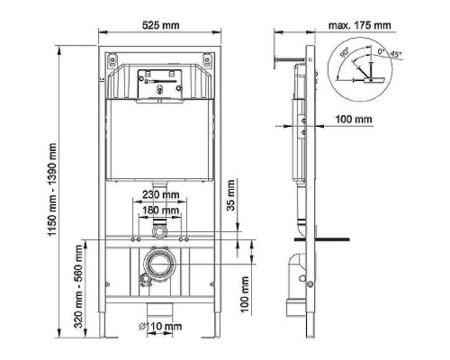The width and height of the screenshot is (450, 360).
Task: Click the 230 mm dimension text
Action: [x=158, y=194]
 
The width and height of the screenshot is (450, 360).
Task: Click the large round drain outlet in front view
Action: [x=159, y=266]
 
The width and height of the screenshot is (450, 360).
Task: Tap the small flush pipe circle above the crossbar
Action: [x=159, y=232]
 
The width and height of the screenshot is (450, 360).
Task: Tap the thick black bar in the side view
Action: [x=332, y=239]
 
